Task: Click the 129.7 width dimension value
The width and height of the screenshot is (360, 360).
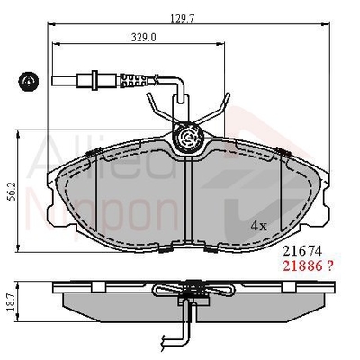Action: (x=183, y=18)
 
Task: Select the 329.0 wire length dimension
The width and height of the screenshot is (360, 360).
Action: (x=144, y=38)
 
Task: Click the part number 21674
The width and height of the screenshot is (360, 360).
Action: (x=302, y=251)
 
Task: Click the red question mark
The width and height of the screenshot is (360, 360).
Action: (x=329, y=266)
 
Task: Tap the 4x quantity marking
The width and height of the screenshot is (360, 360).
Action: (x=259, y=226)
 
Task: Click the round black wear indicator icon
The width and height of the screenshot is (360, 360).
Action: (x=29, y=81)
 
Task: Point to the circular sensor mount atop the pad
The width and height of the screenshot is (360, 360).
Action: (x=188, y=138)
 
